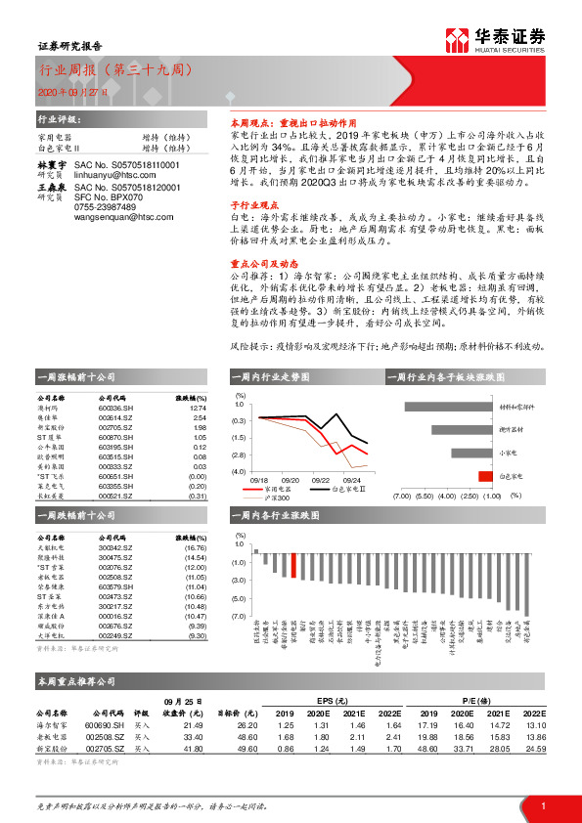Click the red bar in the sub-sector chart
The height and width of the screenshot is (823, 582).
(x=484, y=476)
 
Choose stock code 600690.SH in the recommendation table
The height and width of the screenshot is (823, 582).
(x=105, y=725)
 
